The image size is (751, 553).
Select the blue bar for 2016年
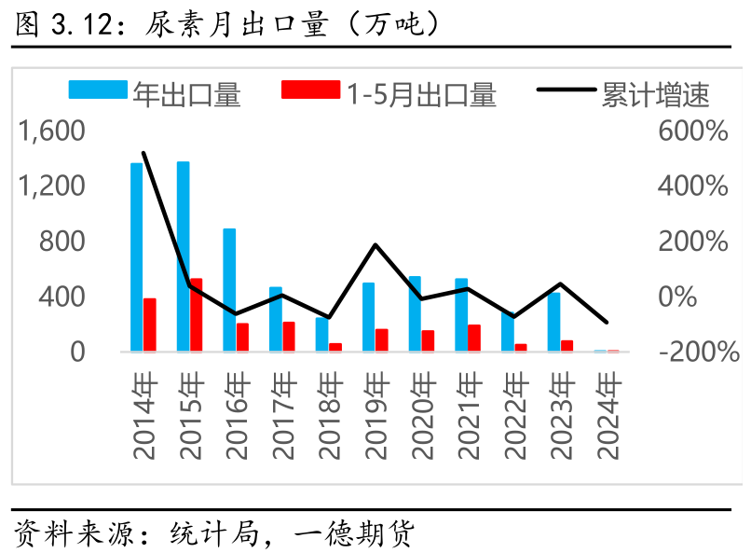tap(229, 290)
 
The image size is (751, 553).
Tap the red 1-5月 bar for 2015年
tap(196, 314)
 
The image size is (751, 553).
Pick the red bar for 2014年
tap(149, 325)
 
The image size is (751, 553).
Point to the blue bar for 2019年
tap(368, 317)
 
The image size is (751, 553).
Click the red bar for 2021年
tap(474, 338)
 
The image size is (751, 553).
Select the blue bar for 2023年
tap(553, 322)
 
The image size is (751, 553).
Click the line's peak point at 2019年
tap(375, 244)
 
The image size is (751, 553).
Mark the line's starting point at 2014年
tap(143, 152)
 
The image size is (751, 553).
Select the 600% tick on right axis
tap(692, 131)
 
